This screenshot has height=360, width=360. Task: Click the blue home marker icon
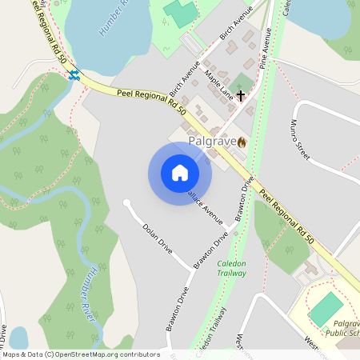[x=180, y=173]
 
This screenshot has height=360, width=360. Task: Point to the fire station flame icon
[x=242, y=142]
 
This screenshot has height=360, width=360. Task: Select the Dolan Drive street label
[x=157, y=237]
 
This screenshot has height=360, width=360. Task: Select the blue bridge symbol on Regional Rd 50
[x=74, y=75]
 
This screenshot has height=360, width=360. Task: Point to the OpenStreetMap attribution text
[x=80, y=354]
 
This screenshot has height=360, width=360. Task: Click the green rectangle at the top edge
[x=181, y=12]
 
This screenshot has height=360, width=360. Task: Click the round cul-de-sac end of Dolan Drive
[x=126, y=202]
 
